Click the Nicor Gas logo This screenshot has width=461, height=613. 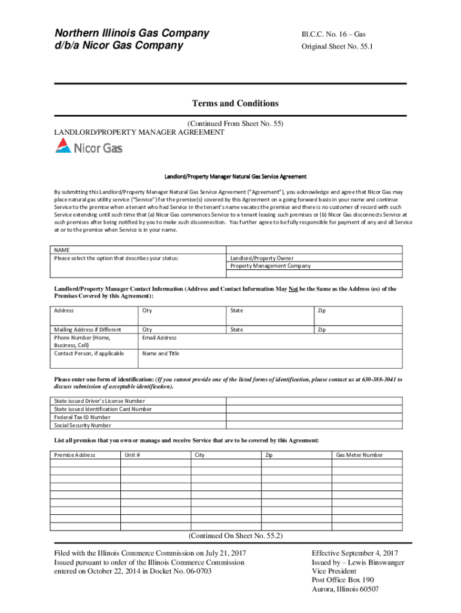[x=89, y=147]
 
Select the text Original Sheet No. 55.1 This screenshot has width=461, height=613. [x=336, y=46]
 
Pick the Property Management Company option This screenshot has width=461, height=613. [x=271, y=266]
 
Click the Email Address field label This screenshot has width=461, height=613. [x=159, y=338]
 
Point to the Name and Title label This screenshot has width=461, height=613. [x=160, y=353]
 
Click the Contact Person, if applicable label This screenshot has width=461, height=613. [x=89, y=353]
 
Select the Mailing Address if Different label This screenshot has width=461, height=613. [x=87, y=329]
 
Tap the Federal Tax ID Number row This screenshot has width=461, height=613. [x=82, y=417]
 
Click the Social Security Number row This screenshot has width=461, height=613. [x=83, y=426]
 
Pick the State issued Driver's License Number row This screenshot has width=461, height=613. [x=99, y=400]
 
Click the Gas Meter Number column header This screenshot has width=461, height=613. [x=359, y=455]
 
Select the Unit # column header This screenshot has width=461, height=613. [x=132, y=455]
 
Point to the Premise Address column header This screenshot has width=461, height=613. [x=75, y=455]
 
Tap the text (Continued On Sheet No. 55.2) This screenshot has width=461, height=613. [x=235, y=536]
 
